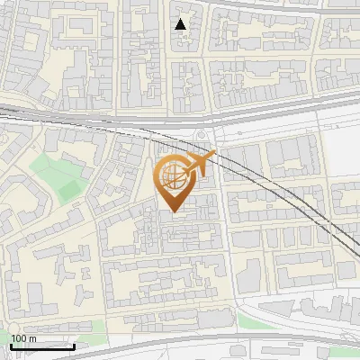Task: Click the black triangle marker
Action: (181, 24)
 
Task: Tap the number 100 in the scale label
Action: (18, 338)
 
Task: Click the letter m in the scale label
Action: (31, 338)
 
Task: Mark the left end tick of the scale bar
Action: (11, 345)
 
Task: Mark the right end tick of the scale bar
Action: (74, 345)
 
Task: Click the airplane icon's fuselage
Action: (200, 163)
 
